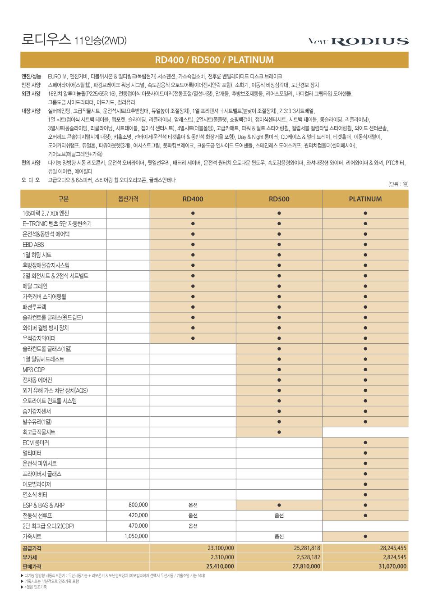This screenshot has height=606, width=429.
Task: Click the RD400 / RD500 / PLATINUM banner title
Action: coord(214,60)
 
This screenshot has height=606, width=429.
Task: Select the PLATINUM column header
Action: coord(365,199)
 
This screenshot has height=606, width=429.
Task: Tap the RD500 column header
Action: coord(279,199)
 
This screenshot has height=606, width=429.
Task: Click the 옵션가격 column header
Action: coord(128,199)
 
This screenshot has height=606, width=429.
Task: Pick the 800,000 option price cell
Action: coord(138,505)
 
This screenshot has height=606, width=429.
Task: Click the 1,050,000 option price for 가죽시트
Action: coord(136,536)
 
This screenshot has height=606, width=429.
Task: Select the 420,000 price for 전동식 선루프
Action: coord(138,515)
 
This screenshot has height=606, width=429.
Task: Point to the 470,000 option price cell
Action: coord(138,526)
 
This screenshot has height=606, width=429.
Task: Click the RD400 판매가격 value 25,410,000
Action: coord(220,566)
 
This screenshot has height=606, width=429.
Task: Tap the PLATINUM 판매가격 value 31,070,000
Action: coord(392,566)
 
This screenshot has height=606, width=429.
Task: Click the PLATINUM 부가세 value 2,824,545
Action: coord(392,557)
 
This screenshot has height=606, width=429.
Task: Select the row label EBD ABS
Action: coord(33,245)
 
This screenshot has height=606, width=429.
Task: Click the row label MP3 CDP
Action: coord(34,369)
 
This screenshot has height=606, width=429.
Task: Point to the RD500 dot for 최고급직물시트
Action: coord(279,432)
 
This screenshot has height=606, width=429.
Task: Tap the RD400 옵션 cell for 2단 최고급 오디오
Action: coord(193,526)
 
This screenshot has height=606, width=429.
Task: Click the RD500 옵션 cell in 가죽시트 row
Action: coord(279,536)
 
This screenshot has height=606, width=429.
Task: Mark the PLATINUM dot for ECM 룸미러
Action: coord(365,442)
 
